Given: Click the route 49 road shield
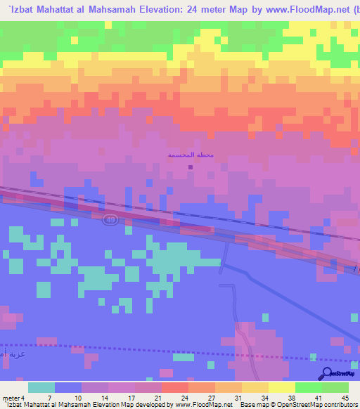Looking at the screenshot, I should point(110,220).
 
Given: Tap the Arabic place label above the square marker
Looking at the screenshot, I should point(191,155).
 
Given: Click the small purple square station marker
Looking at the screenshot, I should point(191,167).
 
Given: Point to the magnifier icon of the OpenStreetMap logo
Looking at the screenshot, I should point(327,372).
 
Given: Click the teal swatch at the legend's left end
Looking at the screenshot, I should point(41,388).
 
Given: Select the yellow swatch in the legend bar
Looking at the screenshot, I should point(282,388).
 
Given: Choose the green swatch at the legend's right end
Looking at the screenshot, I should point(335,388).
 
